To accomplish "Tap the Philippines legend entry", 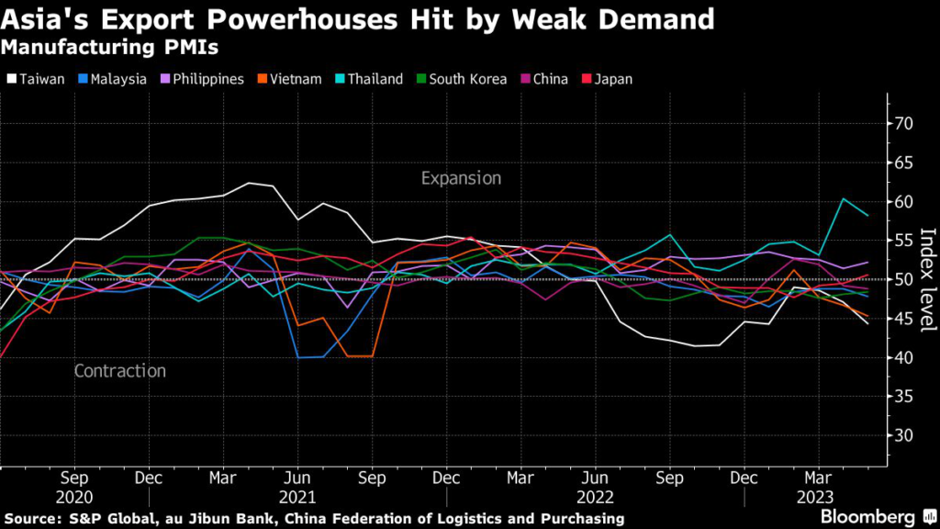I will click(x=204, y=79).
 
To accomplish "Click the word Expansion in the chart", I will click(x=461, y=178).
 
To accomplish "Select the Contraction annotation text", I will click(x=119, y=371).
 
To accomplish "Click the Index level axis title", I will click(x=926, y=279).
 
